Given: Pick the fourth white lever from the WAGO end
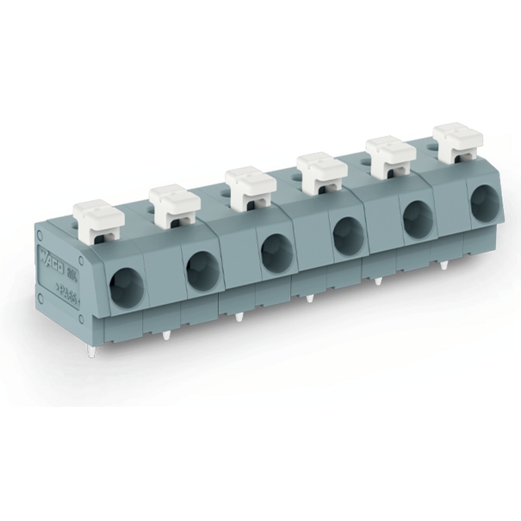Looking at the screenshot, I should click(322, 172).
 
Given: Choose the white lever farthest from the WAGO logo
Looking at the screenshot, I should click(458, 141).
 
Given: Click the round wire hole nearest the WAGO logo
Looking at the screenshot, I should click(127, 288).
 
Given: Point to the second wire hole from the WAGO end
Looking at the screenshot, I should click(203, 271).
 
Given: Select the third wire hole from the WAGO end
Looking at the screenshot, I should click(277, 253).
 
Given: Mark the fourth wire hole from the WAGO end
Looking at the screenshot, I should click(349, 236).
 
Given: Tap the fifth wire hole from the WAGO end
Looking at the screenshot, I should click(418, 219).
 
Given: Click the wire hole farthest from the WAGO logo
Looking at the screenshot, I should click(485, 203).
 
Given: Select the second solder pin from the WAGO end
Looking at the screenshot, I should click(166, 336).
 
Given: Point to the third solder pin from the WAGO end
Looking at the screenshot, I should click(239, 316).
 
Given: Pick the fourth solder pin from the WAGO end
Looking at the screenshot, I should click(310, 299).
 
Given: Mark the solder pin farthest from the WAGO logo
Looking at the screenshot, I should click(444, 265).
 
